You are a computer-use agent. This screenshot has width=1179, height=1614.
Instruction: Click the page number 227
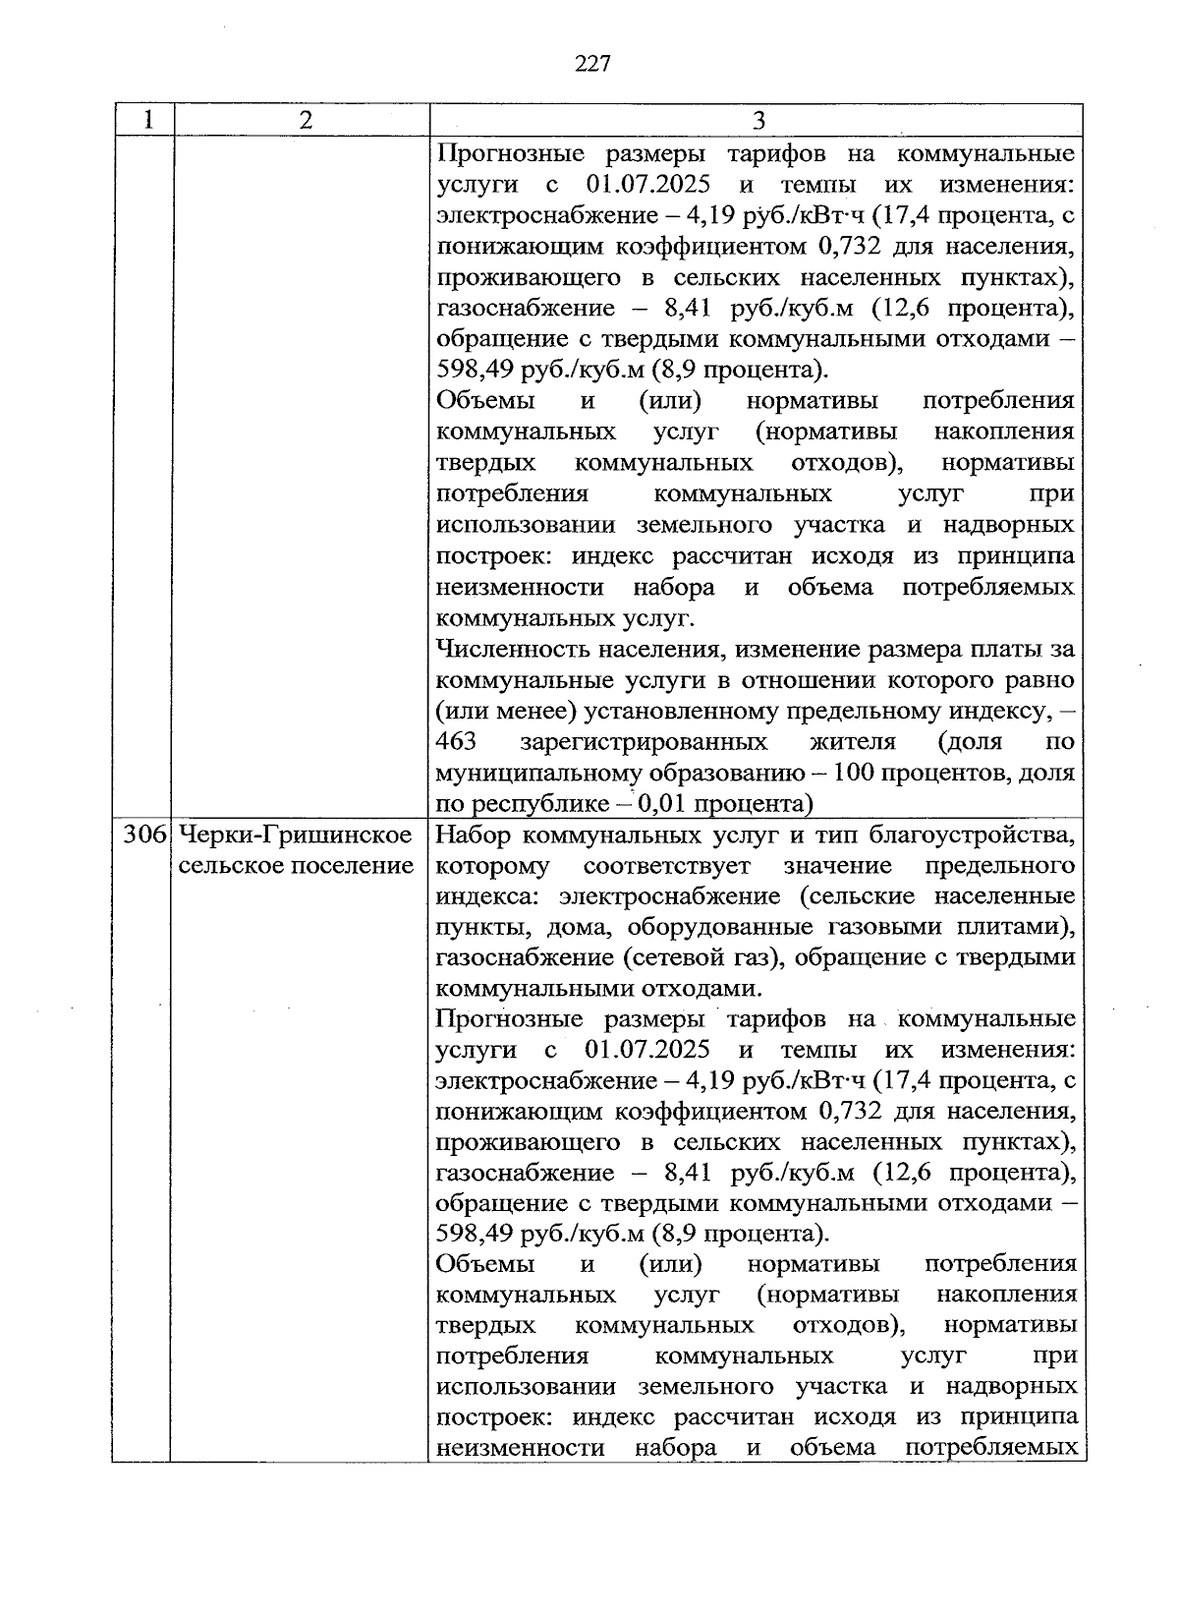coord(591,64)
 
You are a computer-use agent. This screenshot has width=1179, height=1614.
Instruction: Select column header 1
coord(147,120)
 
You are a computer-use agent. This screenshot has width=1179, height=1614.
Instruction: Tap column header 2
coord(307,120)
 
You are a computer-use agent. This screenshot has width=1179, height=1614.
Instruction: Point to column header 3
coord(758,120)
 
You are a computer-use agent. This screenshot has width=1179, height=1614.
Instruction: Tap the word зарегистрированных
coord(644,741)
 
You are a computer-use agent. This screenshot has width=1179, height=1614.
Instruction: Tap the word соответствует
coord(667,866)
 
